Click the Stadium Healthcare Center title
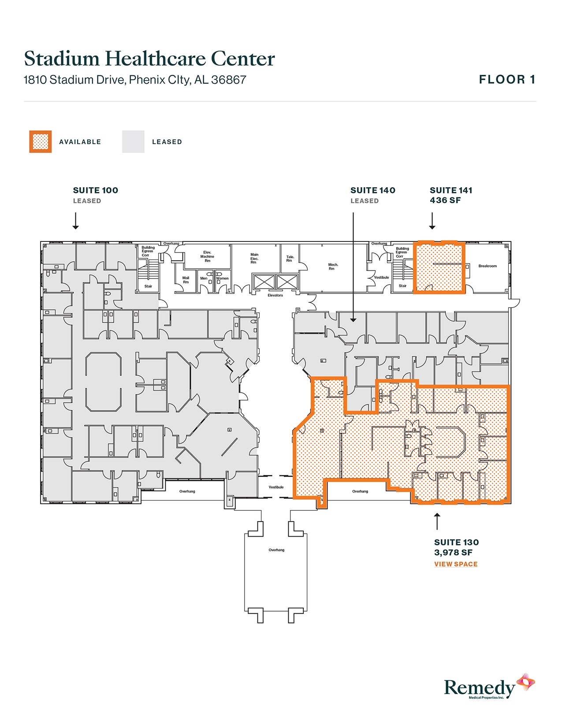pyautogui.click(x=149, y=59)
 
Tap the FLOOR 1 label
pyautogui.click(x=507, y=80)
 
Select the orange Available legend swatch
pyautogui.click(x=41, y=142)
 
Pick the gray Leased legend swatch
pyautogui.click(x=133, y=142)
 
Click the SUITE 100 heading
pyautogui.click(x=96, y=190)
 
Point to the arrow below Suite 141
pyautogui.click(x=432, y=221)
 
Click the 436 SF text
pyautogui.click(x=445, y=200)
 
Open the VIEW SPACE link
pyautogui.click(x=456, y=564)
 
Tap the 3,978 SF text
pyautogui.click(x=453, y=553)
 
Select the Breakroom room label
pyautogui.click(x=488, y=266)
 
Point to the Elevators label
pyautogui.click(x=275, y=295)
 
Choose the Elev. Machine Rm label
pyautogui.click(x=207, y=256)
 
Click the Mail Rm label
pyautogui.click(x=186, y=280)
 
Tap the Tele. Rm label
pyautogui.click(x=290, y=259)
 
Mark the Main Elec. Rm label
pyautogui.click(x=254, y=258)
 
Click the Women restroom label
pyautogui.click(x=222, y=278)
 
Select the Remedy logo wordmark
pyautogui.click(x=479, y=687)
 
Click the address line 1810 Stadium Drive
pyautogui.click(x=134, y=80)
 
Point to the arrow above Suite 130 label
pyautogui.click(x=437, y=521)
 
